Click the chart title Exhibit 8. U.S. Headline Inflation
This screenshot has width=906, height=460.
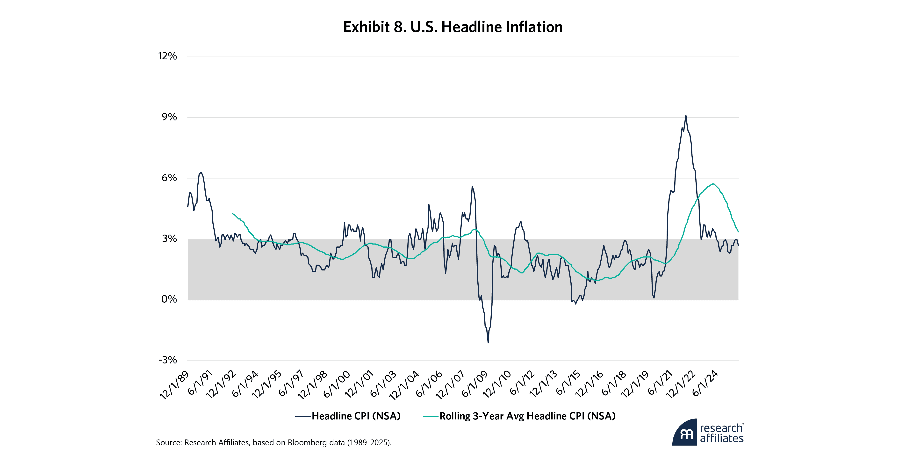453,27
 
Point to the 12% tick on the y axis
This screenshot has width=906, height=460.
167,56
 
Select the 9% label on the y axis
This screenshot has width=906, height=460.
169,117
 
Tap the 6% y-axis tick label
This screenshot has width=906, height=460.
169,178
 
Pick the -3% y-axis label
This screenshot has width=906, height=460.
168,360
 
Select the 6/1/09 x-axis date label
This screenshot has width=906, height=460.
475,384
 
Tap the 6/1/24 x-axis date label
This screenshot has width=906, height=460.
705,384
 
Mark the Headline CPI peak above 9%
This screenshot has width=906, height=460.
685,116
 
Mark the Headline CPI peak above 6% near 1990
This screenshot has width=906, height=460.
201,173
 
